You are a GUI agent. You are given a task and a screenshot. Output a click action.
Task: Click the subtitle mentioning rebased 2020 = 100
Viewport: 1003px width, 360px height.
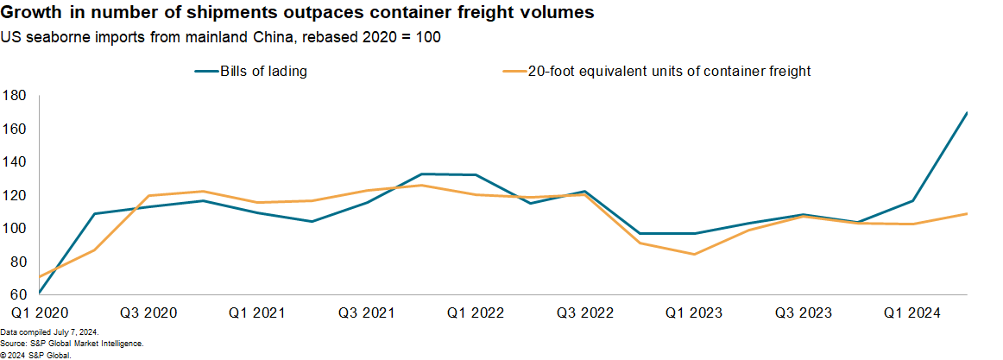point(222,38)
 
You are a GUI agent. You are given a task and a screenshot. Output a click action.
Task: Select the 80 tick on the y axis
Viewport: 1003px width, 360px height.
point(17,262)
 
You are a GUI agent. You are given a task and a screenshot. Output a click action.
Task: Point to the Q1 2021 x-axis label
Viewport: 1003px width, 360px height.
point(257,311)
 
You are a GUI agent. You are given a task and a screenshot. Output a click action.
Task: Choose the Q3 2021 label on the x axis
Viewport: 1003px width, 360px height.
point(366,311)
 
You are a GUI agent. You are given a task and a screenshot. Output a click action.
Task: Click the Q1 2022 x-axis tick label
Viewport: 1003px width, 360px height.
point(476,311)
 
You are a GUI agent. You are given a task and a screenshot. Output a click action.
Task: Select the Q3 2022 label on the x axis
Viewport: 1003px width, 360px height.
point(585,311)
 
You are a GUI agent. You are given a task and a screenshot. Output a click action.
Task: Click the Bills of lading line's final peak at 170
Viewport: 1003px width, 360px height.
point(967,112)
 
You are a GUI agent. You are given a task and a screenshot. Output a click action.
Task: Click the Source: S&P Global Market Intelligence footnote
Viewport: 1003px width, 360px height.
point(72,344)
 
